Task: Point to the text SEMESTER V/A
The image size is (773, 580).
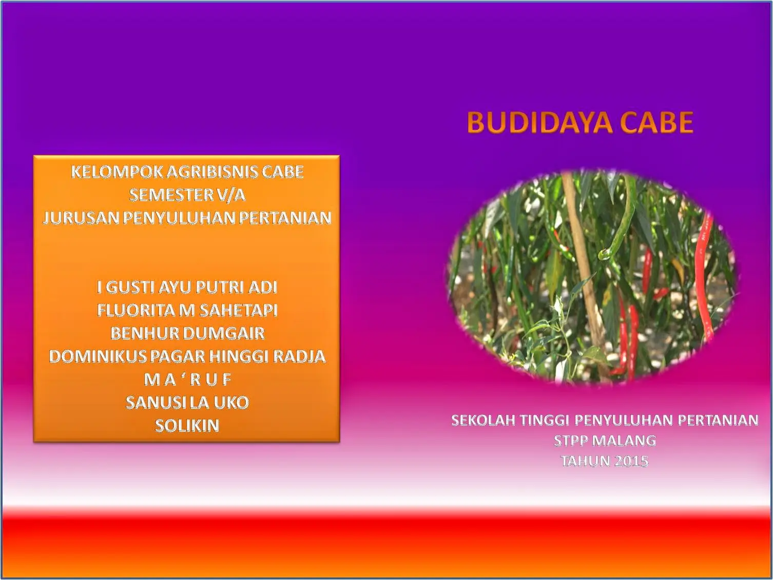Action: (x=187, y=195)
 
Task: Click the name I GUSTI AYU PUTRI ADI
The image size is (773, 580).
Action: (x=187, y=287)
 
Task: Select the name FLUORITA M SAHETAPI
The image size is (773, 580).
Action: (x=187, y=310)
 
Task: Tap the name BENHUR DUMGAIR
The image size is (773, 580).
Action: (x=187, y=333)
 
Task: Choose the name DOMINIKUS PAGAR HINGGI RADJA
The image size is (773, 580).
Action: (x=187, y=356)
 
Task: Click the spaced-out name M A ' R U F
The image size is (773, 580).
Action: (x=187, y=379)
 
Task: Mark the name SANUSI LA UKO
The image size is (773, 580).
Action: (x=187, y=403)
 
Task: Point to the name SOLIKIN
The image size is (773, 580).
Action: (x=187, y=426)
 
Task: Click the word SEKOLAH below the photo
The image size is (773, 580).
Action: (x=482, y=421)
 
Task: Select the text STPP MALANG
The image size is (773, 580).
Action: (x=605, y=441)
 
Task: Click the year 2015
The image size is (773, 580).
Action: (x=631, y=461)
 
